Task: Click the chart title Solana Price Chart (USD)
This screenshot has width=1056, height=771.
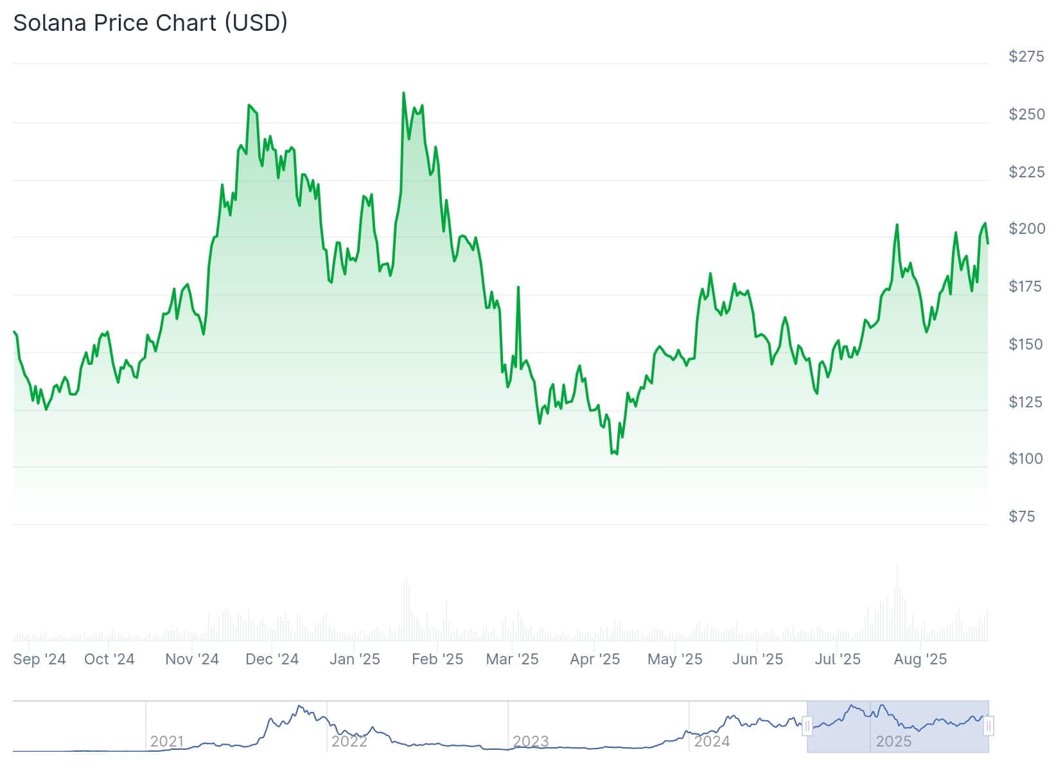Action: pyautogui.click(x=150, y=23)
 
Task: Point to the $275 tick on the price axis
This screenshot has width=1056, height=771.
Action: pyautogui.click(x=1026, y=57)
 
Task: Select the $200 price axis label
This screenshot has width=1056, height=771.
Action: pyautogui.click(x=1026, y=229)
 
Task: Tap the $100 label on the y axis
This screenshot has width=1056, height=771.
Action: pyautogui.click(x=1026, y=459)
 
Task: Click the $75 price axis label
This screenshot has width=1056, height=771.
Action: pyautogui.click(x=1022, y=517)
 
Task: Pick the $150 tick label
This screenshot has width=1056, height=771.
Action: pyautogui.click(x=1026, y=344)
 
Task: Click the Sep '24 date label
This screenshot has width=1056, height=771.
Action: pyautogui.click(x=39, y=659)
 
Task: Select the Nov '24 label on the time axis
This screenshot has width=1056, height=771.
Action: pyautogui.click(x=192, y=659)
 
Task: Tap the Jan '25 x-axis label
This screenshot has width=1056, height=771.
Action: pyautogui.click(x=355, y=659)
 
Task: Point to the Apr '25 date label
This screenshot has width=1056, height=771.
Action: pyautogui.click(x=595, y=659)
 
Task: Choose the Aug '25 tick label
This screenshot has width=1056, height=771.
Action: pyautogui.click(x=920, y=659)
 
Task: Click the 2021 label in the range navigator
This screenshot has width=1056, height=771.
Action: pyautogui.click(x=167, y=741)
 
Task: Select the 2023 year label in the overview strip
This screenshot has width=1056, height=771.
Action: pyautogui.click(x=531, y=741)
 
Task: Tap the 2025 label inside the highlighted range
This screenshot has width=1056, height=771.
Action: pyautogui.click(x=893, y=741)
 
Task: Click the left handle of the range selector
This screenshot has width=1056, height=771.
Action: pyautogui.click(x=807, y=727)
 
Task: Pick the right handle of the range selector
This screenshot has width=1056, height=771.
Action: pyautogui.click(x=989, y=727)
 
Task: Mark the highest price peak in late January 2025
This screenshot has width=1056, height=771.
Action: pyautogui.click(x=403, y=94)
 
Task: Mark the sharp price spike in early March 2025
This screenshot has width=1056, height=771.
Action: pyautogui.click(x=518, y=288)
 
